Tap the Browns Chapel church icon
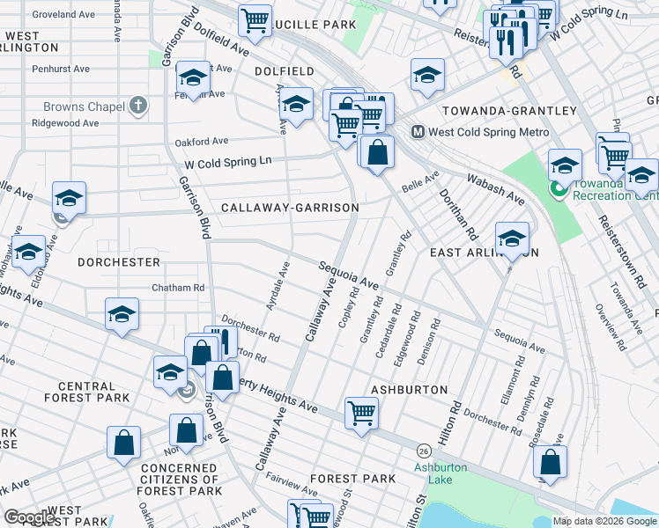click(x=137, y=107)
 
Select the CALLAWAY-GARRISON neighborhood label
click(x=290, y=208)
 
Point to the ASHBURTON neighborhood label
click(x=409, y=389)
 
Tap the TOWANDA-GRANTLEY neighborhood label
click(x=509, y=111)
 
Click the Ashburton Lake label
click(x=441, y=473)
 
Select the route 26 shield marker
click(x=425, y=450)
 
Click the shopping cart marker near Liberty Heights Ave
click(x=362, y=412)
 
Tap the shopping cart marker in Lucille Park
click(x=255, y=19)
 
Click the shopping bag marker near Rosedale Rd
click(x=550, y=461)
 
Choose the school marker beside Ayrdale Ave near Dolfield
click(x=296, y=104)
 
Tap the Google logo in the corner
click(x=30, y=517)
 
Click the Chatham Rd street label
click(x=178, y=288)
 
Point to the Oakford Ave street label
click(x=202, y=141)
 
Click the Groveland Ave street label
click(x=63, y=15)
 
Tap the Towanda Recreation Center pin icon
click(x=557, y=188)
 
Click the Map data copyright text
click(x=603, y=521)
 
